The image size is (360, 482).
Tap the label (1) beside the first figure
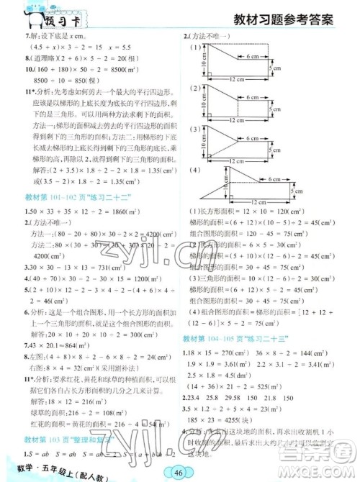(194, 47)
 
